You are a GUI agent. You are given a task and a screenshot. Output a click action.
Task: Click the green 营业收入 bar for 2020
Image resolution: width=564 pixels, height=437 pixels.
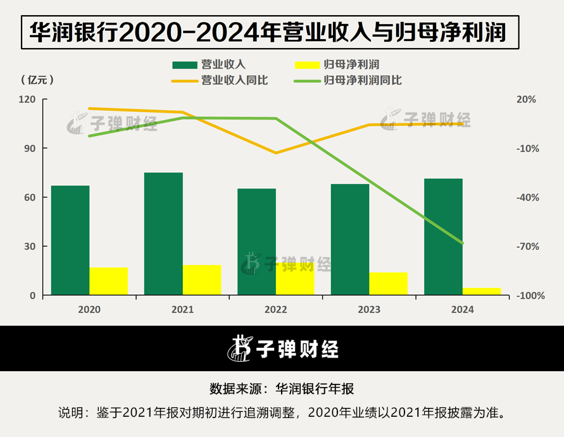[x=70, y=240]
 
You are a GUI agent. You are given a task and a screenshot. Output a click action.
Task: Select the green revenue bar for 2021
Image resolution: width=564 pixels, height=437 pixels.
[x=163, y=234]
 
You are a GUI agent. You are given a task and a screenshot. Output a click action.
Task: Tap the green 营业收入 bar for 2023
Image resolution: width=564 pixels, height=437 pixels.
[x=350, y=240]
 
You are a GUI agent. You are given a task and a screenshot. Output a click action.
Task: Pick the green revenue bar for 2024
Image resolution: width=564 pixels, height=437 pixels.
[x=443, y=237]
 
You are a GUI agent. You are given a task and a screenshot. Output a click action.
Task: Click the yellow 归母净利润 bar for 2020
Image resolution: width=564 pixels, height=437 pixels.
[x=108, y=281]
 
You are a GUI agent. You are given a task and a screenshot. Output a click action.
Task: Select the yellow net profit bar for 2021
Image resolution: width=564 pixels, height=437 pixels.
[x=202, y=280]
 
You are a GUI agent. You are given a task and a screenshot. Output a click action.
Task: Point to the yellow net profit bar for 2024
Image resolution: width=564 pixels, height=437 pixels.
[x=482, y=292]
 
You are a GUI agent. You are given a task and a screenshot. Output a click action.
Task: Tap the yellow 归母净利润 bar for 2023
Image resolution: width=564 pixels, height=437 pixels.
[x=389, y=284]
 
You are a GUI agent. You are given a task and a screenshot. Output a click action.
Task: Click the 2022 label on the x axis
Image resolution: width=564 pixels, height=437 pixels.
[x=276, y=310]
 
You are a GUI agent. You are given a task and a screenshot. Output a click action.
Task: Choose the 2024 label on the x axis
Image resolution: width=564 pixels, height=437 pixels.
[x=463, y=310]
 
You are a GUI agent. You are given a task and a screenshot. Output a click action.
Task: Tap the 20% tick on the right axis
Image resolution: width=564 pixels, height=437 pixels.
[x=527, y=99]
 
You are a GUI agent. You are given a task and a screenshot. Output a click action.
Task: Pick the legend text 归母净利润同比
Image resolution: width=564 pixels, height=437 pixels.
[x=363, y=80]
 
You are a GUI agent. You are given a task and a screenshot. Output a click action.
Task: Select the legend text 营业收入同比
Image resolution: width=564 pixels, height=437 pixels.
[x=230, y=80]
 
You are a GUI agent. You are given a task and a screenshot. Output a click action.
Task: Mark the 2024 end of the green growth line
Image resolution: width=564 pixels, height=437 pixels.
[x=463, y=243]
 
